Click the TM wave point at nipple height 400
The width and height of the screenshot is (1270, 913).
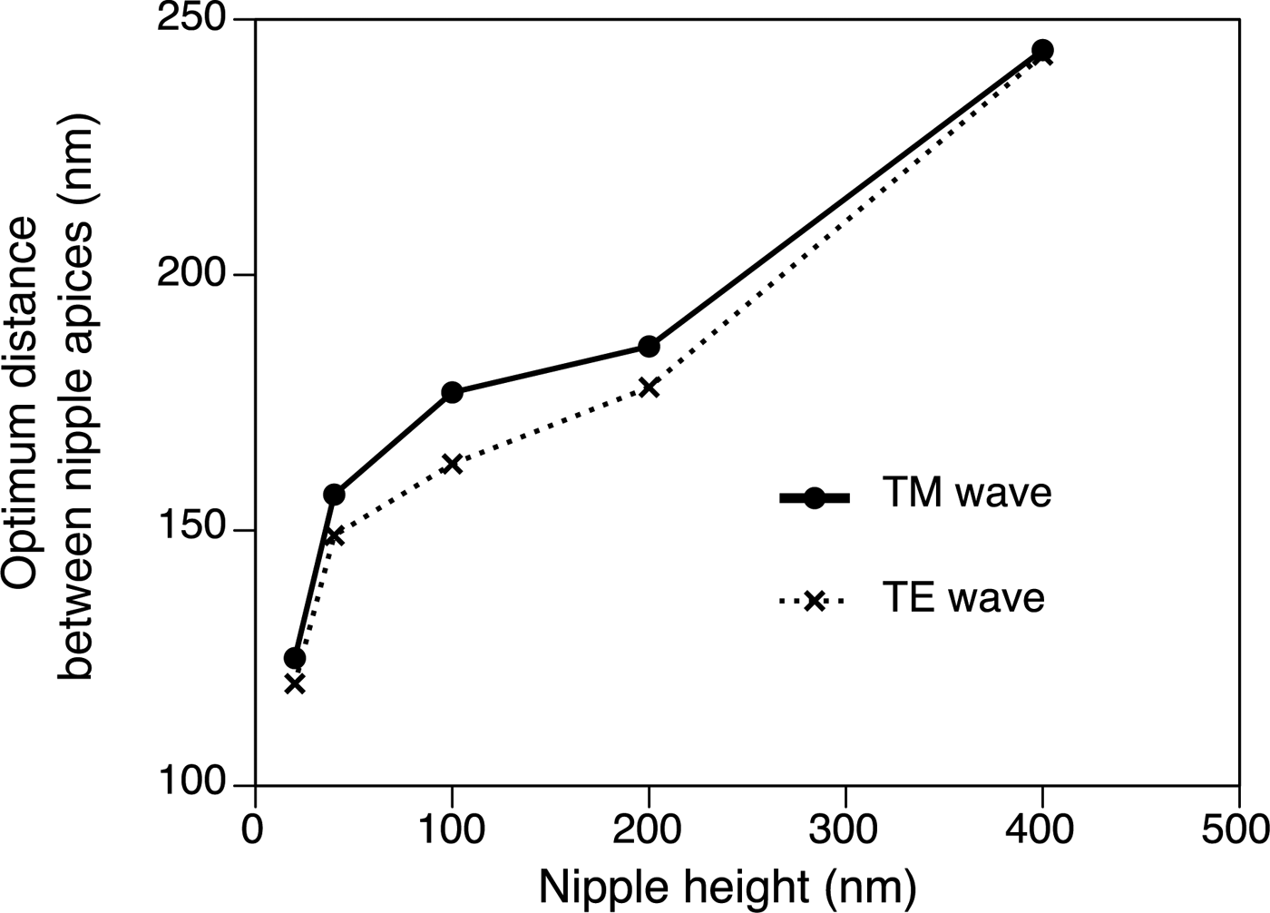tap(1042, 50)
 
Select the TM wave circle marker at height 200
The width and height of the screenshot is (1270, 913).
tap(649, 347)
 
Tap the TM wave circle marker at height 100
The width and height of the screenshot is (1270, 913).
tap(452, 392)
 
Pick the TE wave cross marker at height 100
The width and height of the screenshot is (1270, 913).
tap(452, 464)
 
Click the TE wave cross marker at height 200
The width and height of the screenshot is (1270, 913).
tap(649, 388)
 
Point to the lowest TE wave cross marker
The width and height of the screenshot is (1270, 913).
tap(295, 684)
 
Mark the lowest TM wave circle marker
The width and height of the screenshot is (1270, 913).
tap(295, 658)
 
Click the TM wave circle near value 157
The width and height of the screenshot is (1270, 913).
tap(334, 495)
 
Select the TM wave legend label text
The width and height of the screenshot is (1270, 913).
tap(967, 493)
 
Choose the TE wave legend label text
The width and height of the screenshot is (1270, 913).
tap(963, 599)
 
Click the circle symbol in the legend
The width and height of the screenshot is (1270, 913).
tap(814, 497)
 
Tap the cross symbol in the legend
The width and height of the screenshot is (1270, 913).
tap(814, 601)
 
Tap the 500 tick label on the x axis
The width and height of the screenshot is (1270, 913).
tap(1239, 830)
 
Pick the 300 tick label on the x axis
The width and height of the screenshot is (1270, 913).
tap(845, 830)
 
